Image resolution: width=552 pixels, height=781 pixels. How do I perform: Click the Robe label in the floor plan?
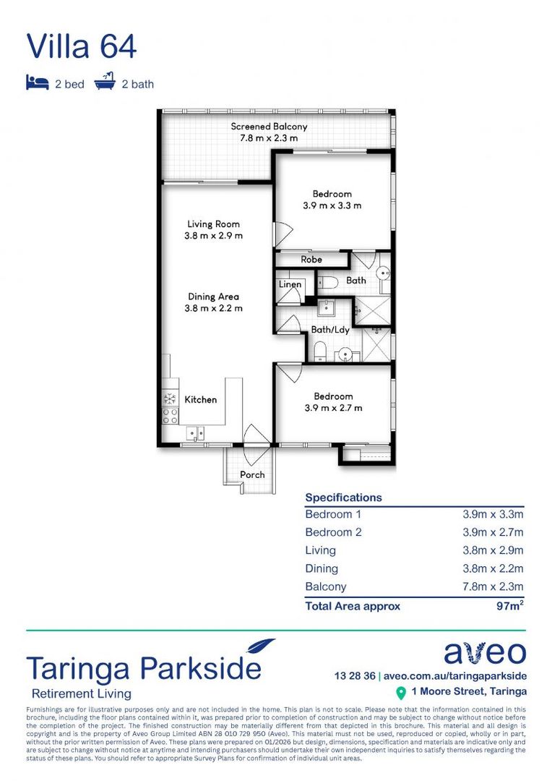[x=311, y=259]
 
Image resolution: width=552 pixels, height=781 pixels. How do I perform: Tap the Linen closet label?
[x=290, y=284]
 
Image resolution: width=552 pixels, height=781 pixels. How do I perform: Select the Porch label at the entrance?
[x=252, y=474]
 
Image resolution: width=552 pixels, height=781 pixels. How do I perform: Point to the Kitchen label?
[x=200, y=399]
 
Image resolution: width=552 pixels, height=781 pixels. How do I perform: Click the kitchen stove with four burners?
[x=170, y=415]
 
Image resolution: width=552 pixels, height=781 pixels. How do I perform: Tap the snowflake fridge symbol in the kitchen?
[x=170, y=398]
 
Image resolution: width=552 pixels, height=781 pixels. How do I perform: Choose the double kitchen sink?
[x=195, y=433]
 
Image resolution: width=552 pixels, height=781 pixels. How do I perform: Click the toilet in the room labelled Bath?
[x=325, y=281]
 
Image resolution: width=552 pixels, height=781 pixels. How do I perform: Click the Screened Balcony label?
[x=269, y=127]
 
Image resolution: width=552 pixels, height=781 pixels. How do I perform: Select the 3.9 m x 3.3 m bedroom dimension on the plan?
[x=332, y=205]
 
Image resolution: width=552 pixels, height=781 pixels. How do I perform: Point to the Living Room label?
[x=213, y=224]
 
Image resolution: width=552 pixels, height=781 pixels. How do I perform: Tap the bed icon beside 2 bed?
[x=37, y=83]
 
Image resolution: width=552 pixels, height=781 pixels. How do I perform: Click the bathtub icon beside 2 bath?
[x=105, y=82]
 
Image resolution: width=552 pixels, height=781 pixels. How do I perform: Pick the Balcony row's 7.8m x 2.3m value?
[x=493, y=586]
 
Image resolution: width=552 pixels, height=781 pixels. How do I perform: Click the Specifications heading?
[x=343, y=498]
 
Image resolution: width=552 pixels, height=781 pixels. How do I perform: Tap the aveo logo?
[x=484, y=652]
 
